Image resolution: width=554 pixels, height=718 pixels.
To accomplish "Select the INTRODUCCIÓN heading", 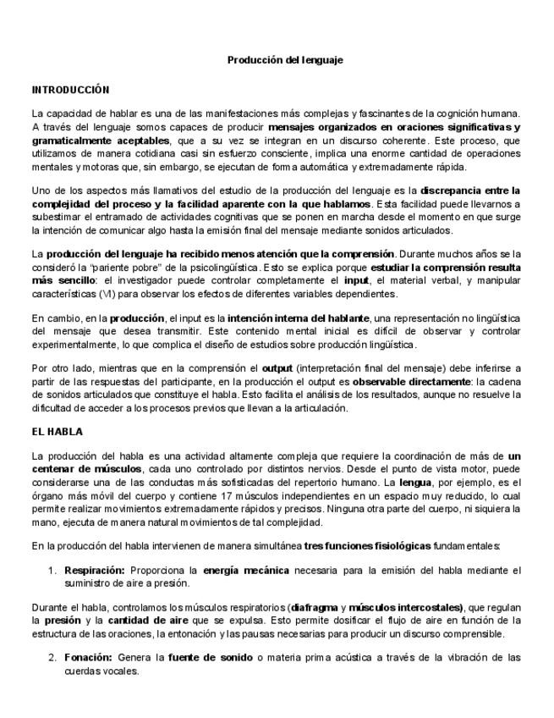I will tap(71, 89).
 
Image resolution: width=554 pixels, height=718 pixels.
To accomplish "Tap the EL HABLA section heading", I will tap(58, 432).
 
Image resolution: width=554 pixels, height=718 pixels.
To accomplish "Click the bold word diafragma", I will tap(315, 607).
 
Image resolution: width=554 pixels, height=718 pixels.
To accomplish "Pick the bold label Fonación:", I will tap(89, 657).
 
